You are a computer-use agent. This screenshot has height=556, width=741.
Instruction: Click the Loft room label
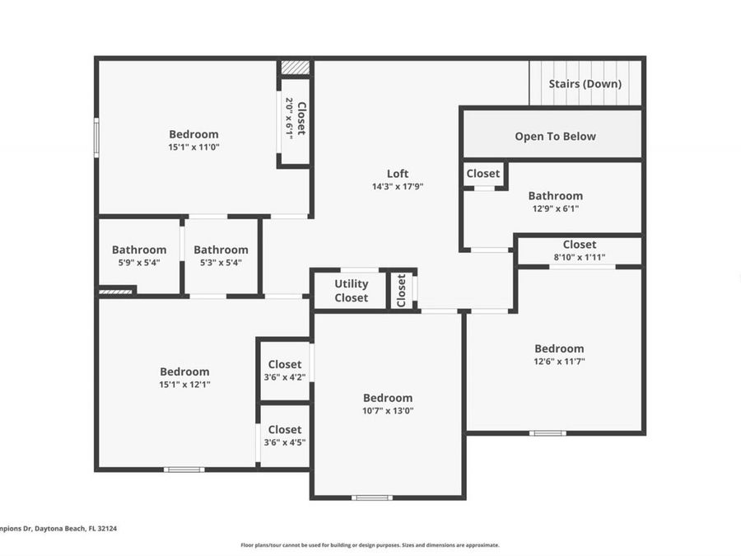coord(398,173)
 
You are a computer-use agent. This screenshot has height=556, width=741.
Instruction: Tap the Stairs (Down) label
coord(585,83)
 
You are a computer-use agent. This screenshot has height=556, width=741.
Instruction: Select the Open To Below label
coord(555,136)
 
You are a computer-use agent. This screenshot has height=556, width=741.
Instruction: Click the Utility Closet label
coord(351,291)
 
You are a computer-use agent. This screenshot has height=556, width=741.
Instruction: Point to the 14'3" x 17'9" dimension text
coord(398,186)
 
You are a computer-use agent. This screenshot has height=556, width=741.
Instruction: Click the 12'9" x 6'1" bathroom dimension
coord(555,208)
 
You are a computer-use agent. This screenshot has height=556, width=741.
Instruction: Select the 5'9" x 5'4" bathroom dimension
coord(138,263)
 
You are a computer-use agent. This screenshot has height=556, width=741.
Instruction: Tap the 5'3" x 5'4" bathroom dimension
coord(221,263)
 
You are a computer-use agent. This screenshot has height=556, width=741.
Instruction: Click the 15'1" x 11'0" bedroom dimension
coord(194,147)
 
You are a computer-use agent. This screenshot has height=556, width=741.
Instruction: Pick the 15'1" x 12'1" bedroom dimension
coord(184,385)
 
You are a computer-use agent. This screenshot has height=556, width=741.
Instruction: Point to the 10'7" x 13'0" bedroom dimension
coord(388,411)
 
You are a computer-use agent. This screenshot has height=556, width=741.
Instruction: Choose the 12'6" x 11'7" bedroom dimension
coord(559,362)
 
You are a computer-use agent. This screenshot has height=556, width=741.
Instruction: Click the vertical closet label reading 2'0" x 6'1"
coord(295,118)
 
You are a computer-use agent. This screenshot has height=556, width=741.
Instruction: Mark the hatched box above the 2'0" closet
coord(295,68)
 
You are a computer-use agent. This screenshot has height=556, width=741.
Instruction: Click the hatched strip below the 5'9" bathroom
coord(116,290)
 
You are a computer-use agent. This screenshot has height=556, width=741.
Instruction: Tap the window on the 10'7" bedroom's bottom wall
coord(371,498)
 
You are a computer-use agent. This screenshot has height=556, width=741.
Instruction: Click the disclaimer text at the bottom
coord(370,544)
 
